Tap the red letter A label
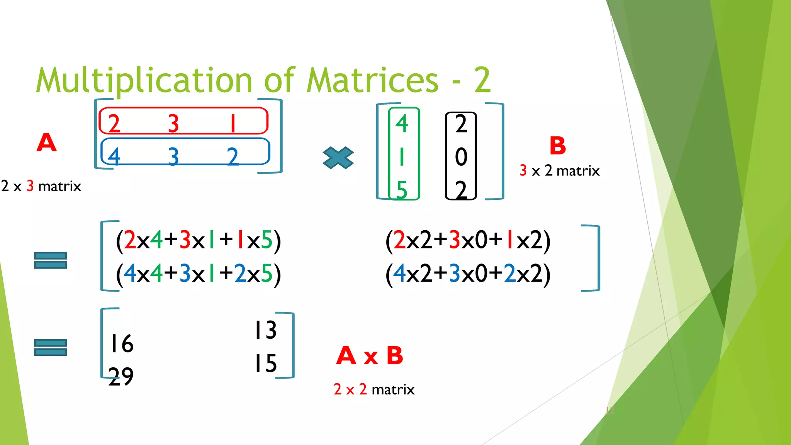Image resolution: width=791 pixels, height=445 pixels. pyautogui.click(x=47, y=143)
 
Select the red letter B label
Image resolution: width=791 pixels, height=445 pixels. pyautogui.click(x=557, y=146)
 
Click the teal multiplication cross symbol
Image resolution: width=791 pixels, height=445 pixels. pyautogui.click(x=338, y=158)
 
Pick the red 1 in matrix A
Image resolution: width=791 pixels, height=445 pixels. pyautogui.click(x=233, y=124)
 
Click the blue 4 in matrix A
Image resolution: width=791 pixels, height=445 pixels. pyautogui.click(x=114, y=156)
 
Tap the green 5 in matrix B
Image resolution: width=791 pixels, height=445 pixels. pyautogui.click(x=402, y=190)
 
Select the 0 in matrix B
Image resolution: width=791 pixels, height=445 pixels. pyautogui.click(x=461, y=157)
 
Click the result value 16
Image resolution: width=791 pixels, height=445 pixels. pyautogui.click(x=122, y=344)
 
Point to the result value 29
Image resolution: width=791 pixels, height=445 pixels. pyautogui.click(x=121, y=377)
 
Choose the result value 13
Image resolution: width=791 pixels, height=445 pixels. pyautogui.click(x=265, y=330)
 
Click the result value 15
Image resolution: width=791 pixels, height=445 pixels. pyautogui.click(x=265, y=363)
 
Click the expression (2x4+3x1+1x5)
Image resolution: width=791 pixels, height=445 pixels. pyautogui.click(x=198, y=240)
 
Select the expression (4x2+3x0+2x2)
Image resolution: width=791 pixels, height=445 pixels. pyautogui.click(x=468, y=274)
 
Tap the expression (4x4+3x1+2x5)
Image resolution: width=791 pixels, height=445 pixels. pyautogui.click(x=198, y=274)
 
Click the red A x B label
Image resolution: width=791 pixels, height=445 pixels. pyautogui.click(x=370, y=356)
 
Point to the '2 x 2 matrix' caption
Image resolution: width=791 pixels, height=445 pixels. pyautogui.click(x=374, y=389)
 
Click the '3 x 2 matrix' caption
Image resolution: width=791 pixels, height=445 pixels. pyautogui.click(x=560, y=171)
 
